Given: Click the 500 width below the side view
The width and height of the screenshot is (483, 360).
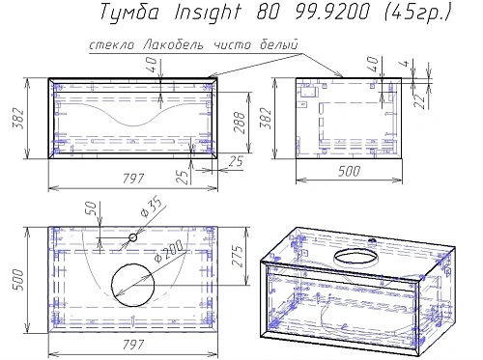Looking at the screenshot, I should click(345, 172).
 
